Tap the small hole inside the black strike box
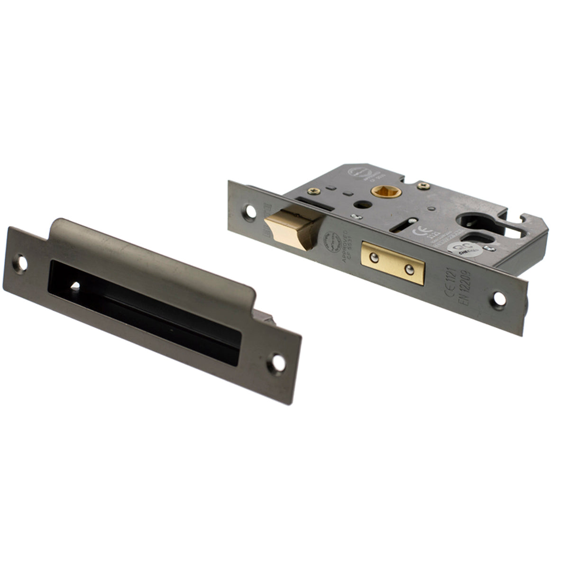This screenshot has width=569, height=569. (74, 286)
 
